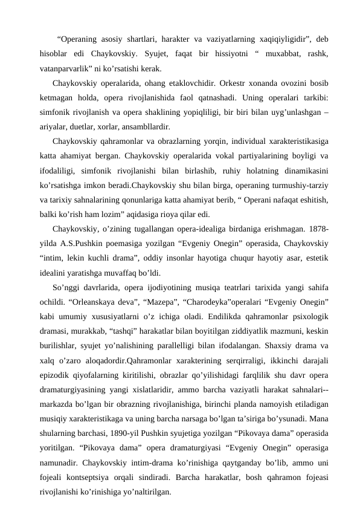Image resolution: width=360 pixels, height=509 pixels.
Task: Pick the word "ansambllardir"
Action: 148,127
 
